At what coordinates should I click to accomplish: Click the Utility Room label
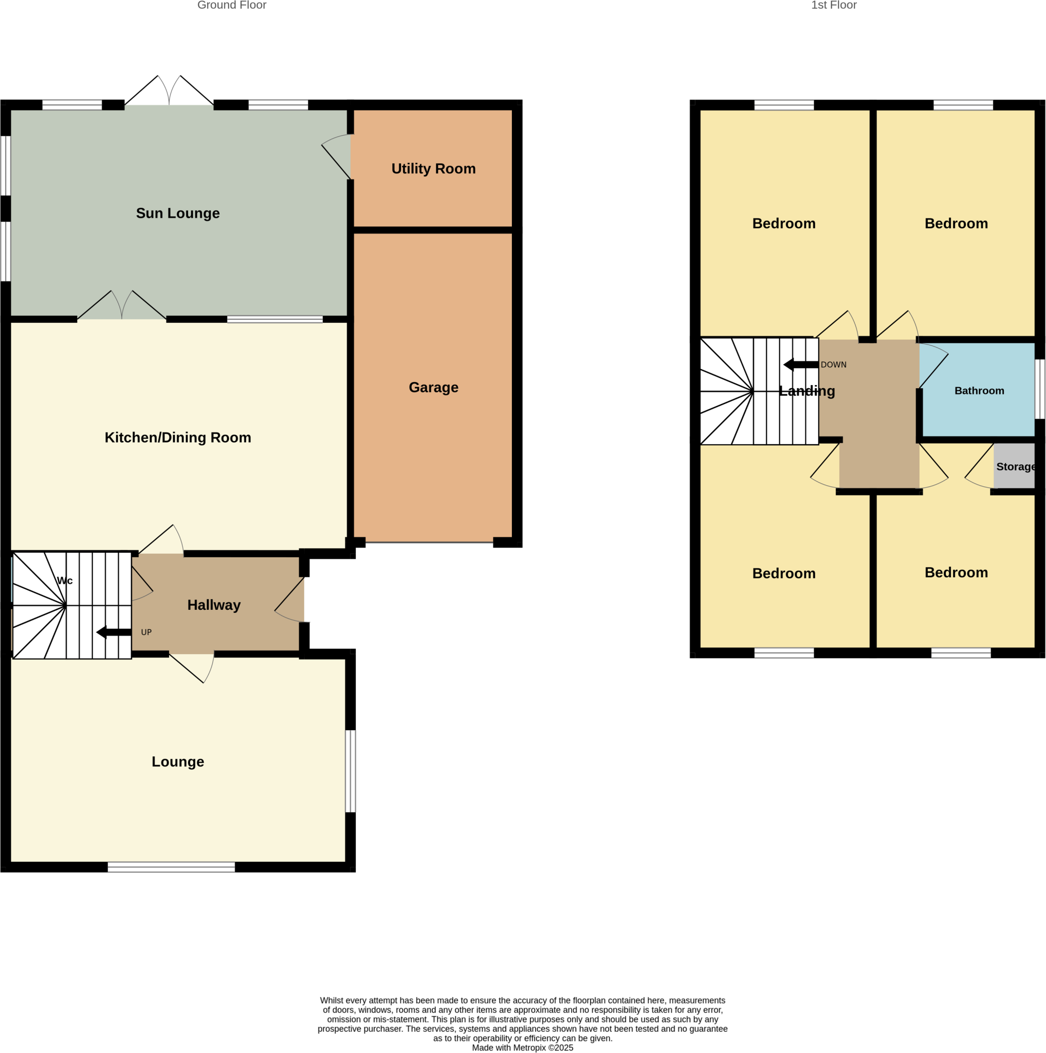coord(433,169)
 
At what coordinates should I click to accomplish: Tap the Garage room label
coord(433,388)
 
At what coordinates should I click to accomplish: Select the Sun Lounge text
coord(178,213)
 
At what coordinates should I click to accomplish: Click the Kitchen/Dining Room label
coord(178,438)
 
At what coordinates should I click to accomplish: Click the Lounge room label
coord(178,762)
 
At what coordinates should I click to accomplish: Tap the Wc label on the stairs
coord(64,580)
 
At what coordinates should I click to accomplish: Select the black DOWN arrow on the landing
coord(800,365)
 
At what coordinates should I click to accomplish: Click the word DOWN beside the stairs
coord(833,365)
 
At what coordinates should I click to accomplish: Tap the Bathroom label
coord(979,391)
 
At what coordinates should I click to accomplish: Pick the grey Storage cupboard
coord(1014,466)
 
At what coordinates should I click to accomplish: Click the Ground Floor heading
coord(231,6)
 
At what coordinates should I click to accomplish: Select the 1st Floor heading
coord(834,6)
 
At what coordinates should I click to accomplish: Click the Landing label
coord(806,391)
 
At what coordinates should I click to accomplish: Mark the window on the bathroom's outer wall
coord(1039,389)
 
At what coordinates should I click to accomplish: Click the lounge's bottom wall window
coord(171,867)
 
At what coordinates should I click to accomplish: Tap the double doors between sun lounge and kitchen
coord(121,308)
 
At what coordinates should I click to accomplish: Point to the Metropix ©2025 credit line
coord(522,1047)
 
